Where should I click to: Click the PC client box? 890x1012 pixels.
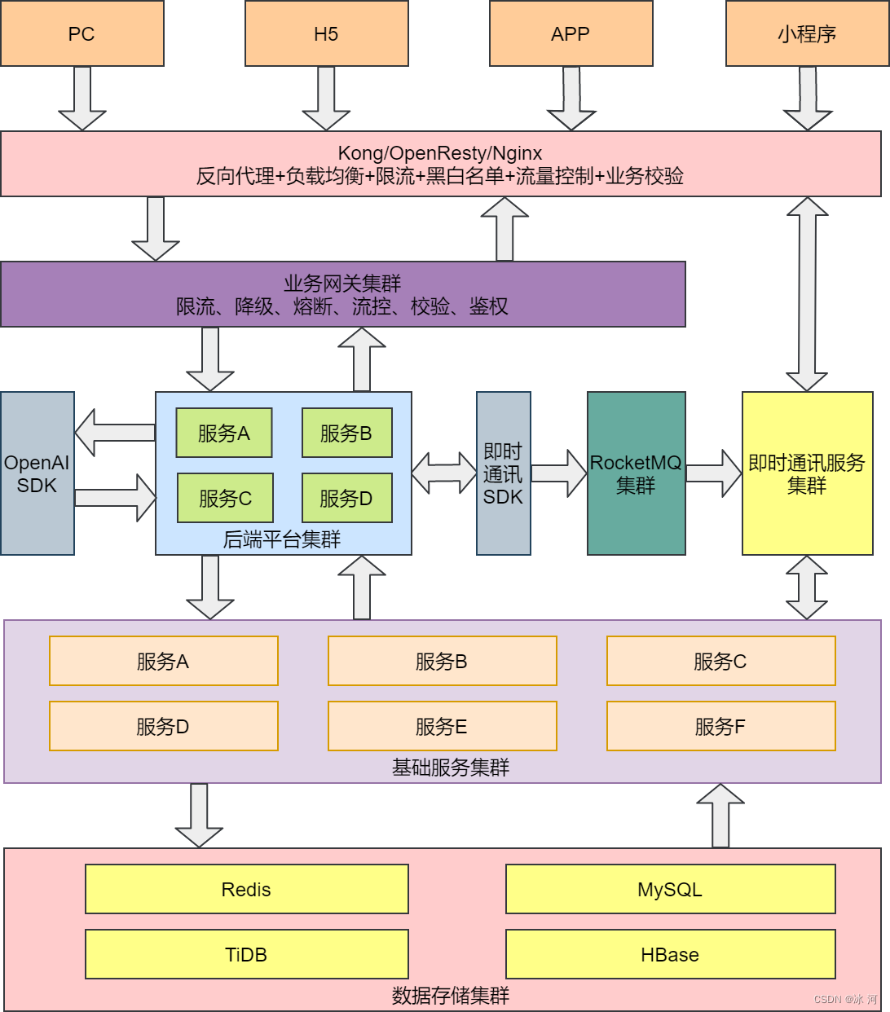82,33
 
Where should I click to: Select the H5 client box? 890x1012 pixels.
326,33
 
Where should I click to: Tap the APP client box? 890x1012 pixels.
571,33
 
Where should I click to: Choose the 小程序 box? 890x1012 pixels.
807,33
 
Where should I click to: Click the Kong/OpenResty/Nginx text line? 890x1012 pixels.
440,153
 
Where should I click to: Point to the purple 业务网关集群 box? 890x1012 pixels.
342,294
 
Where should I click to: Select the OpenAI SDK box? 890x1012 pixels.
37,473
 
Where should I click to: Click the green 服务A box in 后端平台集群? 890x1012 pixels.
224,433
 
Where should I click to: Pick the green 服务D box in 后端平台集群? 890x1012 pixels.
346,498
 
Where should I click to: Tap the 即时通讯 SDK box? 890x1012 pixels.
503,473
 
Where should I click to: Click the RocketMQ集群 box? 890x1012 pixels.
636,473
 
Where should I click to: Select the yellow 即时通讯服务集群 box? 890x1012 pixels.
807,473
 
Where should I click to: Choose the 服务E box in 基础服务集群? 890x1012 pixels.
442,726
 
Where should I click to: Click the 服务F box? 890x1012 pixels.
720,726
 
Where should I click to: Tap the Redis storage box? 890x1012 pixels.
246,889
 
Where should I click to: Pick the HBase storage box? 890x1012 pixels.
670,954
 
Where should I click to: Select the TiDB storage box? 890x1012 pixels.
246,954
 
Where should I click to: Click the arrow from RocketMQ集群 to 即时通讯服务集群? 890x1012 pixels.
713,473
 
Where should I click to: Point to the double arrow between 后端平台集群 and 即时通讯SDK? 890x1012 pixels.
444,473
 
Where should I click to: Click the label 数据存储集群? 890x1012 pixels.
450,996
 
